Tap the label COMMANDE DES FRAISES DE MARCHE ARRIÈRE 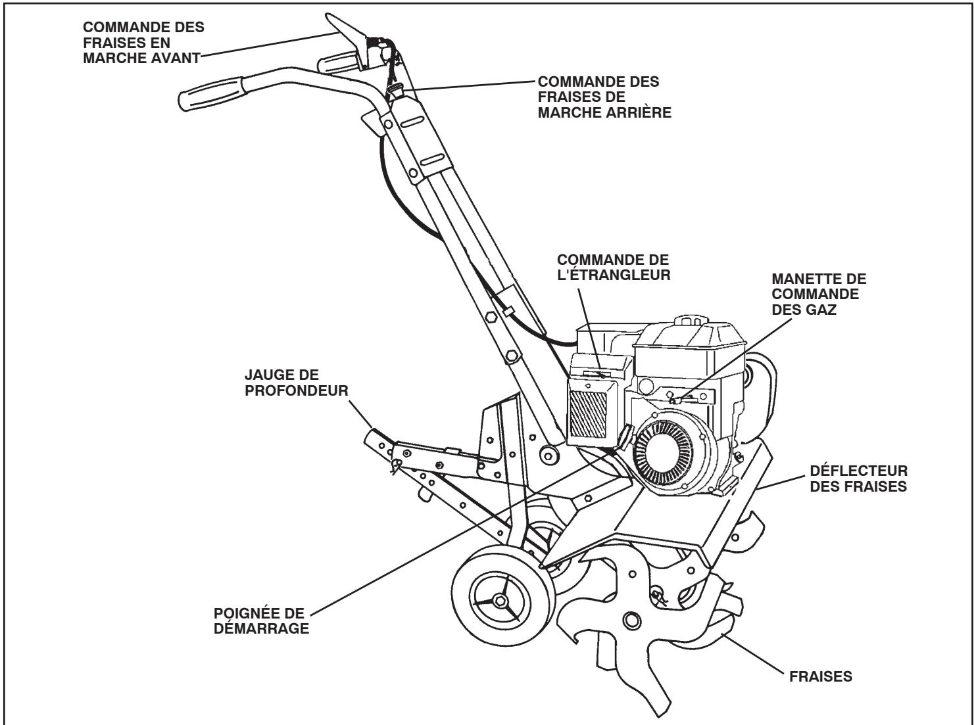(x=604, y=97)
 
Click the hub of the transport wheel (x=501, y=599)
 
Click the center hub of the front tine (x=633, y=619)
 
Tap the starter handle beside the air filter (x=624, y=434)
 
